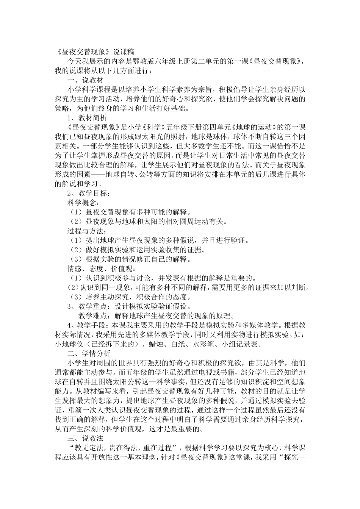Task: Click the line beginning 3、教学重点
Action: click(129, 306)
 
